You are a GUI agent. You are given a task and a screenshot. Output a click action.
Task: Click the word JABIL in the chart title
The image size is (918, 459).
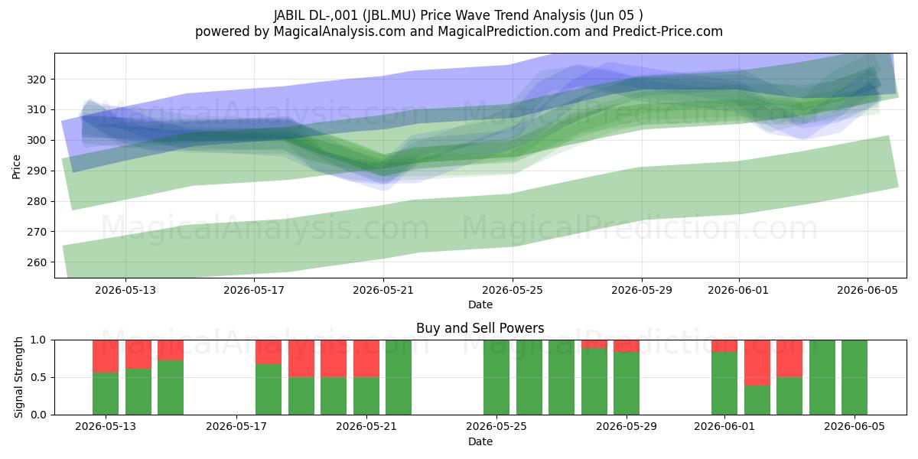(x=289, y=15)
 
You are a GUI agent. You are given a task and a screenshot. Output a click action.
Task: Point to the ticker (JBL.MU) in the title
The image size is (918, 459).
(x=389, y=15)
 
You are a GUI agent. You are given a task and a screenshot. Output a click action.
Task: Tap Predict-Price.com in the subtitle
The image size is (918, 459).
(x=668, y=31)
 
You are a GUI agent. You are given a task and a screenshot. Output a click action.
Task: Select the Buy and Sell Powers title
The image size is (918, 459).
(x=480, y=328)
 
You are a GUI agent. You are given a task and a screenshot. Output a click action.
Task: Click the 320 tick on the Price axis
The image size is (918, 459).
(x=36, y=80)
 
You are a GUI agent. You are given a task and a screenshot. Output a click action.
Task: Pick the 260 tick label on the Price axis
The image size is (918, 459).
(x=36, y=262)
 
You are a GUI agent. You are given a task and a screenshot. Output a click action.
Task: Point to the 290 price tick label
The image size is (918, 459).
(x=36, y=171)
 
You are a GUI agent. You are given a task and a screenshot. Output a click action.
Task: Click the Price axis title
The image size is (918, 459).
(x=16, y=167)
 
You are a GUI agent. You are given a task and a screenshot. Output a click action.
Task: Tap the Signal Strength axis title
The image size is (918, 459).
(x=18, y=377)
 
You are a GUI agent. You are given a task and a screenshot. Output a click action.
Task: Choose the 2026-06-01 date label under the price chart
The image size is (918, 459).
(x=738, y=290)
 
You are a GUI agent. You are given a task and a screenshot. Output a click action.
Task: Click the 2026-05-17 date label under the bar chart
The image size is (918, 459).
(x=236, y=426)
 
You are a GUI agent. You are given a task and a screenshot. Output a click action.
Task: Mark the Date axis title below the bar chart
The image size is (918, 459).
(x=480, y=441)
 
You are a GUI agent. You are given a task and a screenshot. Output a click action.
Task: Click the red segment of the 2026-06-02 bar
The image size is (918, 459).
(x=757, y=363)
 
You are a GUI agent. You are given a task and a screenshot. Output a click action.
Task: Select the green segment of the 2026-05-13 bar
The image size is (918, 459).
(x=106, y=393)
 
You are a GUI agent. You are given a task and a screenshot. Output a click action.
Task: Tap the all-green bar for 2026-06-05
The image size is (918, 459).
(x=855, y=377)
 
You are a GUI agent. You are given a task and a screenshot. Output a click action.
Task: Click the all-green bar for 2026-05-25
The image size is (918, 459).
(x=496, y=377)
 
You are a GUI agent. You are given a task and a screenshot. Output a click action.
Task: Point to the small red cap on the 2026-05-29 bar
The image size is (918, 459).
(x=627, y=346)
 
